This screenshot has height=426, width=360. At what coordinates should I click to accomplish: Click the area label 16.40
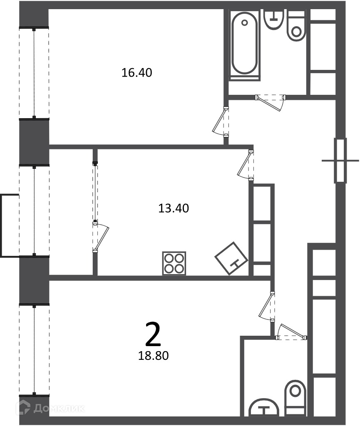pyautogui.click(x=137, y=73)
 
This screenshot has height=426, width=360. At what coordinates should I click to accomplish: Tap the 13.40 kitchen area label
pyautogui.click(x=174, y=208)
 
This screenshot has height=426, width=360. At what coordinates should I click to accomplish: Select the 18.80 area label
pyautogui.click(x=154, y=356)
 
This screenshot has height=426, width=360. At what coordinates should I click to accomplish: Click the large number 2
pyautogui.click(x=153, y=334)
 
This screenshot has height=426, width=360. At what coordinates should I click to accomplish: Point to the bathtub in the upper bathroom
pyautogui.click(x=245, y=45)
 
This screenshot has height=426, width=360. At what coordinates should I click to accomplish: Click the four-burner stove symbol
pyautogui.click(x=174, y=263)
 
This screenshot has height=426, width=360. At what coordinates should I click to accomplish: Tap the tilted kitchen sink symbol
pyautogui.click(x=231, y=258)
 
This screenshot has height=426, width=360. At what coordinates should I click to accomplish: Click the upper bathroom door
pyautogui.click(x=271, y=102)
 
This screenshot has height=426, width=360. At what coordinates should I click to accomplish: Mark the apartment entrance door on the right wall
pyautogui.click(x=340, y=161)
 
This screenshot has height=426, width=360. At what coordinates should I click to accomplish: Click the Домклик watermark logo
pyautogui.click(x=50, y=409)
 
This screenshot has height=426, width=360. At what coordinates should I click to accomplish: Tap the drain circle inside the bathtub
pyautogui.click(x=245, y=23)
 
